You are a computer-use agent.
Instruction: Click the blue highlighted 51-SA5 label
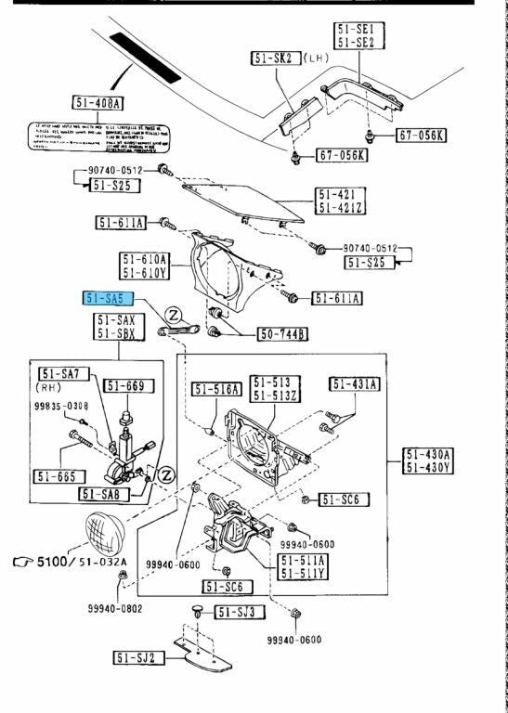click(x=109, y=299)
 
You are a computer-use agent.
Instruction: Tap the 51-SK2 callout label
click(x=272, y=58)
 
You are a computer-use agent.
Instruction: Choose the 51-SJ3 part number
click(x=241, y=612)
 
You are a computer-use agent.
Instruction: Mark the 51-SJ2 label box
click(x=139, y=658)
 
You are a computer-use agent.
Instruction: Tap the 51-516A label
click(x=216, y=389)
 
